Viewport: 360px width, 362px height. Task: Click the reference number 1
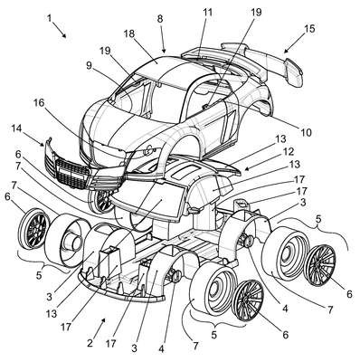click(x=50, y=18)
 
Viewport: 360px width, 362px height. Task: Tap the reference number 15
click(x=309, y=29)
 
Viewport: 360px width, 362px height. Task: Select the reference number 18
click(x=128, y=33)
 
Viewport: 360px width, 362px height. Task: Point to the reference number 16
click(x=39, y=103)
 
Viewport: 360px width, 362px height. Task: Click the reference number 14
click(x=18, y=129)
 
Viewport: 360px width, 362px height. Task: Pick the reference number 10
click(x=306, y=132)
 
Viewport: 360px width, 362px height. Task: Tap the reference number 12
click(x=289, y=151)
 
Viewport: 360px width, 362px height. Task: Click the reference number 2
click(x=90, y=343)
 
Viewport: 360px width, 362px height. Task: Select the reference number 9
click(x=89, y=66)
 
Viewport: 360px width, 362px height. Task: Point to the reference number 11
click(x=207, y=13)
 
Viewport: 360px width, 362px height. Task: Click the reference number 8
click(x=160, y=19)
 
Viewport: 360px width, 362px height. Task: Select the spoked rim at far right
click(x=320, y=265)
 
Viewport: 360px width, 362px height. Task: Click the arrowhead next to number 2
click(x=103, y=320)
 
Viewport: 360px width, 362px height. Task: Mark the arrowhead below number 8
click(x=165, y=51)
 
